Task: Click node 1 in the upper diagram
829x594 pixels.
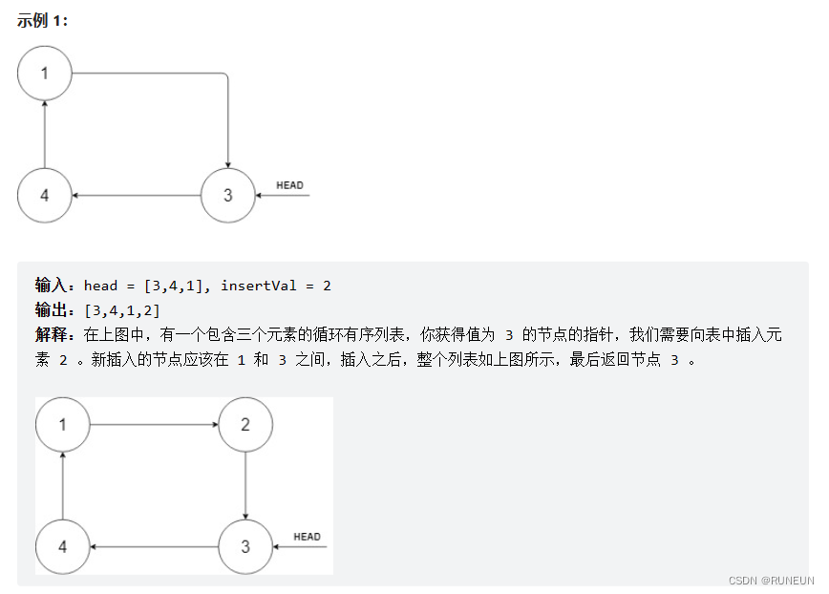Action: click(x=45, y=73)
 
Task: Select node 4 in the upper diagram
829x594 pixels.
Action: click(x=45, y=196)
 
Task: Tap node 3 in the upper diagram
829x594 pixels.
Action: click(x=227, y=196)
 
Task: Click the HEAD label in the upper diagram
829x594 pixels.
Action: click(x=288, y=185)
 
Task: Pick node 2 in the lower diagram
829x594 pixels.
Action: click(x=245, y=424)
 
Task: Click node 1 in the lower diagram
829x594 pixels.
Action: click(x=63, y=424)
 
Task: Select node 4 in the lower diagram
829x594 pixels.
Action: click(x=63, y=547)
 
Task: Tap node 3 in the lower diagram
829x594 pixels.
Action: click(x=245, y=547)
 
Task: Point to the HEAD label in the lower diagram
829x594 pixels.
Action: click(x=307, y=537)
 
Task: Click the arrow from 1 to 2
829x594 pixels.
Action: click(x=154, y=424)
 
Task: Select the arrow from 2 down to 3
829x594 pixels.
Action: click(x=245, y=485)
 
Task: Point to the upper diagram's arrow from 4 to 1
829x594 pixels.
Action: click(x=45, y=134)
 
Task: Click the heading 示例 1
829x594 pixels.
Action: click(x=42, y=20)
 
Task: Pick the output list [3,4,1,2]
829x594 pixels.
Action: click(x=122, y=310)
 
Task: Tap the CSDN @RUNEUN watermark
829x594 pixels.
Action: click(x=770, y=580)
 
